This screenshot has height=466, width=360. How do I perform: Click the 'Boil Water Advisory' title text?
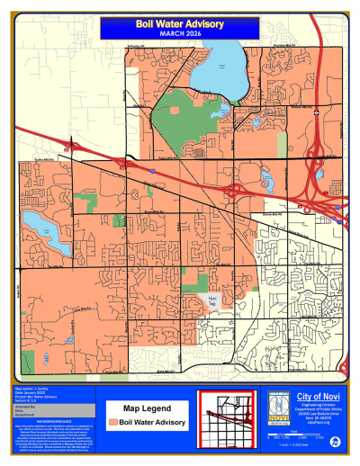pyautogui.click(x=179, y=25)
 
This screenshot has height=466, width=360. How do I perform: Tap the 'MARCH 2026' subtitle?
pyautogui.click(x=179, y=34)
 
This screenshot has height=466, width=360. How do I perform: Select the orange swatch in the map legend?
pyautogui.click(x=113, y=421)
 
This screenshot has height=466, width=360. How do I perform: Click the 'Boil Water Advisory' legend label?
pyautogui.click(x=152, y=421)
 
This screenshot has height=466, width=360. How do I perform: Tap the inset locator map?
pyautogui.click(x=227, y=419)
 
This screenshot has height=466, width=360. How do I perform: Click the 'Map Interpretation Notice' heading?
pyautogui.click(x=48, y=420)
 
